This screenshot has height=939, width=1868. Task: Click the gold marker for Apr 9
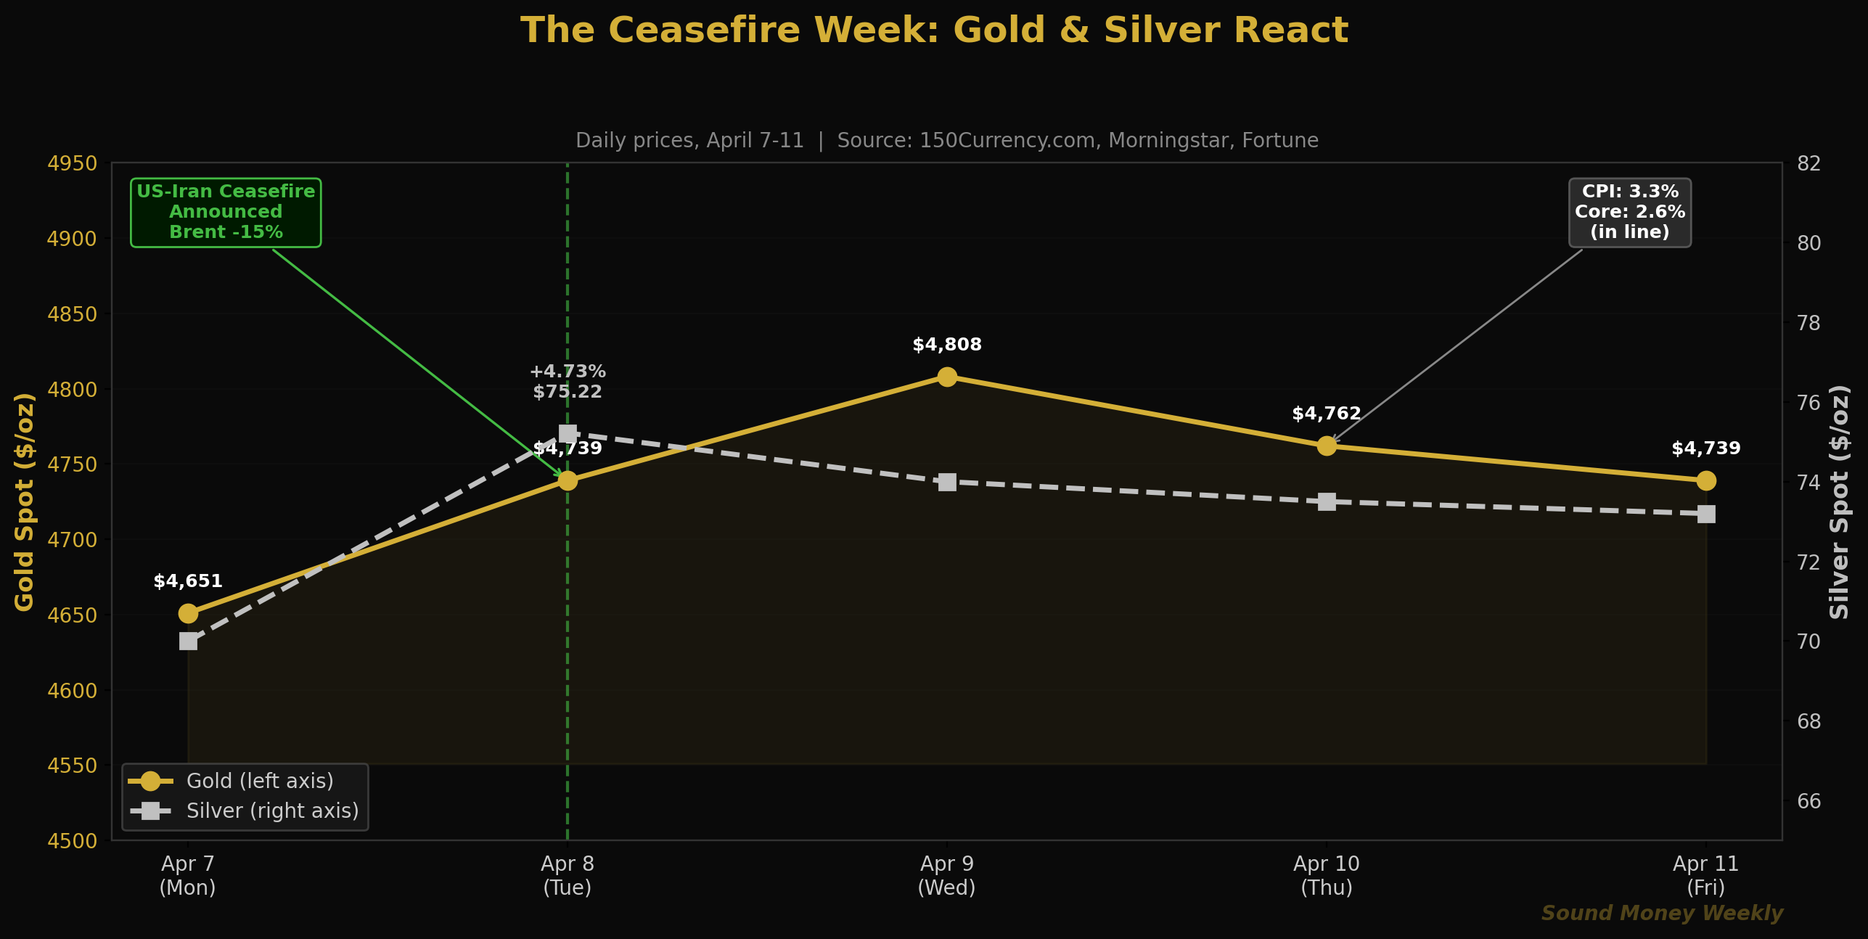(946, 377)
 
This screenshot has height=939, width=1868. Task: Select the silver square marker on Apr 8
(568, 434)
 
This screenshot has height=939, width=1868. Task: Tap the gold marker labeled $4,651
(188, 613)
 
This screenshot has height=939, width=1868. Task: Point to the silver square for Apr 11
(1705, 514)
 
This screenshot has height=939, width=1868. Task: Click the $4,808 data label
(946, 345)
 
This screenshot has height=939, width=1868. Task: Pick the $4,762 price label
(1326, 414)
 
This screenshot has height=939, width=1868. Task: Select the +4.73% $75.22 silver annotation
(568, 382)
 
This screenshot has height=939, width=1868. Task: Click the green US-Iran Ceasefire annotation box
(226, 212)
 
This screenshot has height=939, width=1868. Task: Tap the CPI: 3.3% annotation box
(1629, 212)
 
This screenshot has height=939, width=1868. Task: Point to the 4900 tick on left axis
(72, 239)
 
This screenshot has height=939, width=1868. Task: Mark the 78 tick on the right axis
(1808, 323)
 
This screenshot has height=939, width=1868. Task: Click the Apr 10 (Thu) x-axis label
(1326, 875)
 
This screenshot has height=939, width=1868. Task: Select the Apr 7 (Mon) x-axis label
(188, 875)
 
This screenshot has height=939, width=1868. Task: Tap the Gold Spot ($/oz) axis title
(25, 501)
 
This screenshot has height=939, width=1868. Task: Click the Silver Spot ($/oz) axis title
(1839, 501)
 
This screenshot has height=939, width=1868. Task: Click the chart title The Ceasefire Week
(934, 30)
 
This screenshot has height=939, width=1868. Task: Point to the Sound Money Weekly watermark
(1661, 913)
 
